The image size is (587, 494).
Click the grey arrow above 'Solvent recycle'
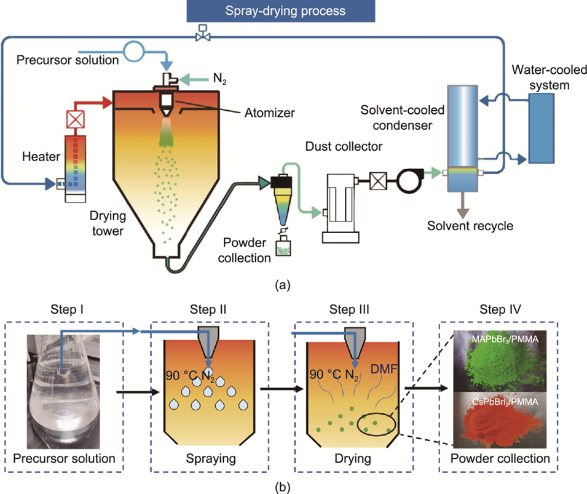point(459,202)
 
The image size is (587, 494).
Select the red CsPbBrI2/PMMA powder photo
point(500,421)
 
